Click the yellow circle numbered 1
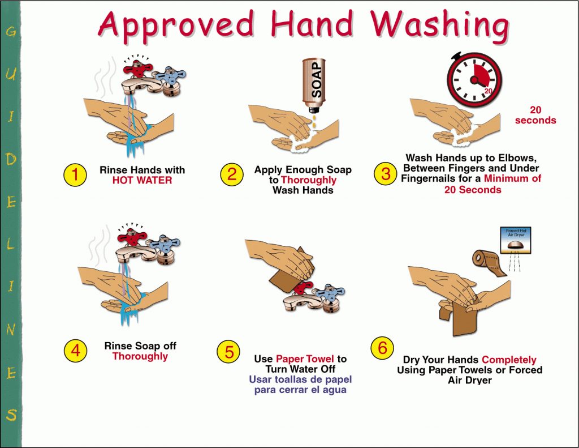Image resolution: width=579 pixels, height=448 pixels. click(75, 174)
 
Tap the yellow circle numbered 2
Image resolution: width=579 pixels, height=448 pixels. click(232, 174)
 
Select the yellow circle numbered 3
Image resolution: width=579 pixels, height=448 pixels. click(386, 173)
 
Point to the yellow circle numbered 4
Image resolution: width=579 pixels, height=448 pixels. click(75, 350)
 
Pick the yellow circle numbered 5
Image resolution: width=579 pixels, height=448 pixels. click(229, 352)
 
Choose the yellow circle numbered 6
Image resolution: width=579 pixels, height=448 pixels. click(382, 347)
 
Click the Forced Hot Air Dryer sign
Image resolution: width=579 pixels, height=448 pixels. click(516, 240)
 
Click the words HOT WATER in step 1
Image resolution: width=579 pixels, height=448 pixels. click(142, 181)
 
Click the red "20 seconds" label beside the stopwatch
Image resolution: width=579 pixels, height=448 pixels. click(535, 115)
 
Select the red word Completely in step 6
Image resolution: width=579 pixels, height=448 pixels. click(509, 360)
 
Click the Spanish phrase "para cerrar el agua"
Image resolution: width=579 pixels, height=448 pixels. click(300, 390)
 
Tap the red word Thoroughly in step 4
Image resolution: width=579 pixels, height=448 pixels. click(140, 356)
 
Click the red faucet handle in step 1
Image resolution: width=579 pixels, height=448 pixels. click(137, 69)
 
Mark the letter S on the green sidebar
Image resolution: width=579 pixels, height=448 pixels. click(11, 415)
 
